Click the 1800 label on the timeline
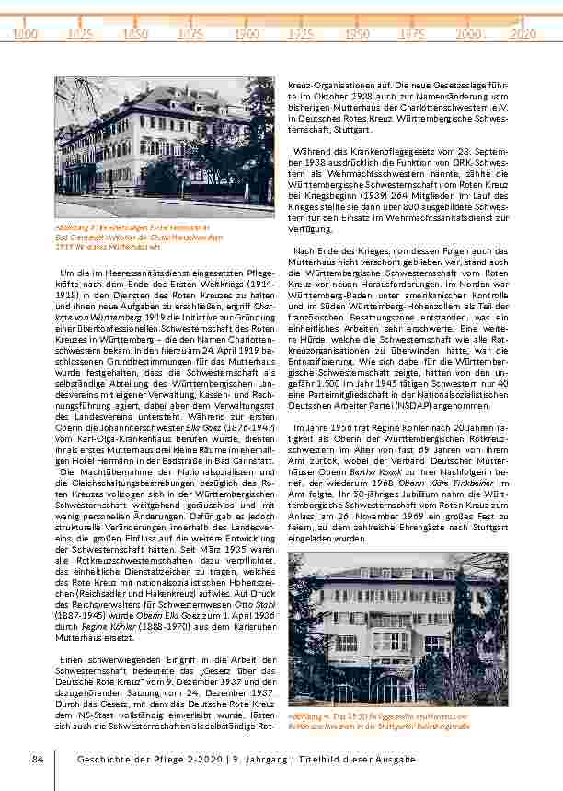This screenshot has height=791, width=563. tap(26, 33)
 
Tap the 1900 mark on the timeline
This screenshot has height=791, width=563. tap(246, 33)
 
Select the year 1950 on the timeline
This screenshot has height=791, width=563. tap(357, 33)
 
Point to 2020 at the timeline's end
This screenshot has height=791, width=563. tap(523, 33)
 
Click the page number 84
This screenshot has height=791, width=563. tap(38, 758)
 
